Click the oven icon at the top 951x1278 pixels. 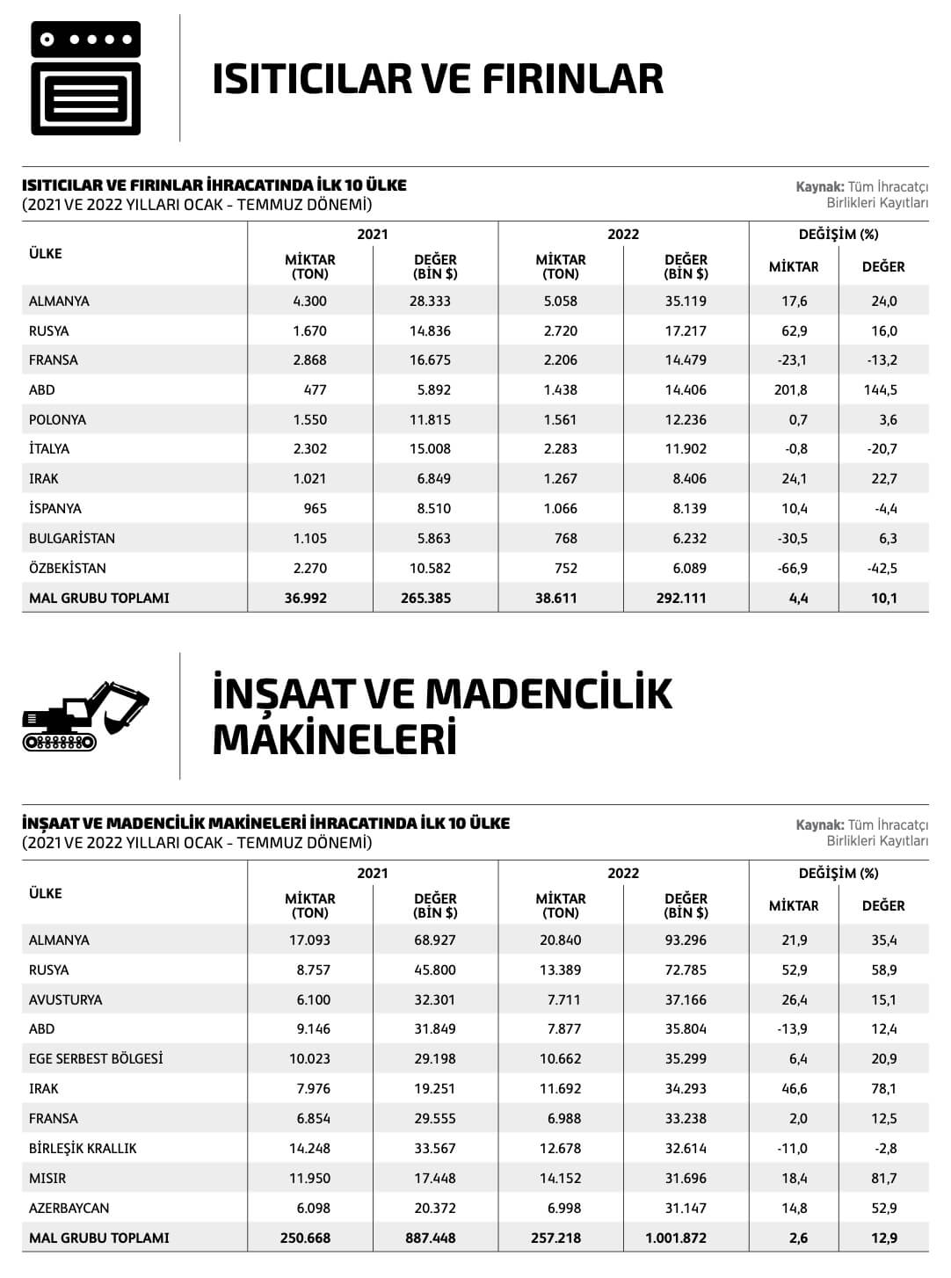click(x=85, y=78)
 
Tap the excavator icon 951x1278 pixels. click(x=85, y=716)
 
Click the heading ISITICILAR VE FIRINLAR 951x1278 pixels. click(x=438, y=79)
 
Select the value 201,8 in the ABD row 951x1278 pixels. click(x=790, y=390)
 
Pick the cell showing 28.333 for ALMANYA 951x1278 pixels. click(x=430, y=301)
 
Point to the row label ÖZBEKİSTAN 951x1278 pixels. click(x=68, y=569)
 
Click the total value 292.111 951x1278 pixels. click(x=681, y=599)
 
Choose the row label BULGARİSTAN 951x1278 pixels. click(x=71, y=539)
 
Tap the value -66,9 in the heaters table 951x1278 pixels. click(x=792, y=569)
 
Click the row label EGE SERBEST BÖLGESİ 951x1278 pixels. click(x=96, y=1059)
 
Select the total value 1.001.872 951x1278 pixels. click(x=676, y=1238)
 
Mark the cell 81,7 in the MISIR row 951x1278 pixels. click(x=884, y=1179)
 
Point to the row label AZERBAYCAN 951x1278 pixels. click(x=69, y=1209)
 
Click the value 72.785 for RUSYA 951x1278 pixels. click(x=686, y=970)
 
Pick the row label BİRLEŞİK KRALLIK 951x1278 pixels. click(x=83, y=1149)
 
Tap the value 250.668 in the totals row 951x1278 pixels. click(x=306, y=1238)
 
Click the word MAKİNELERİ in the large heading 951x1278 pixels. click(x=335, y=739)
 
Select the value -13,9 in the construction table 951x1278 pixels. click(x=792, y=1029)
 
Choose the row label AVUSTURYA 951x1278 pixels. click(x=65, y=1000)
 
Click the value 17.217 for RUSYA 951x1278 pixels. click(x=686, y=331)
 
